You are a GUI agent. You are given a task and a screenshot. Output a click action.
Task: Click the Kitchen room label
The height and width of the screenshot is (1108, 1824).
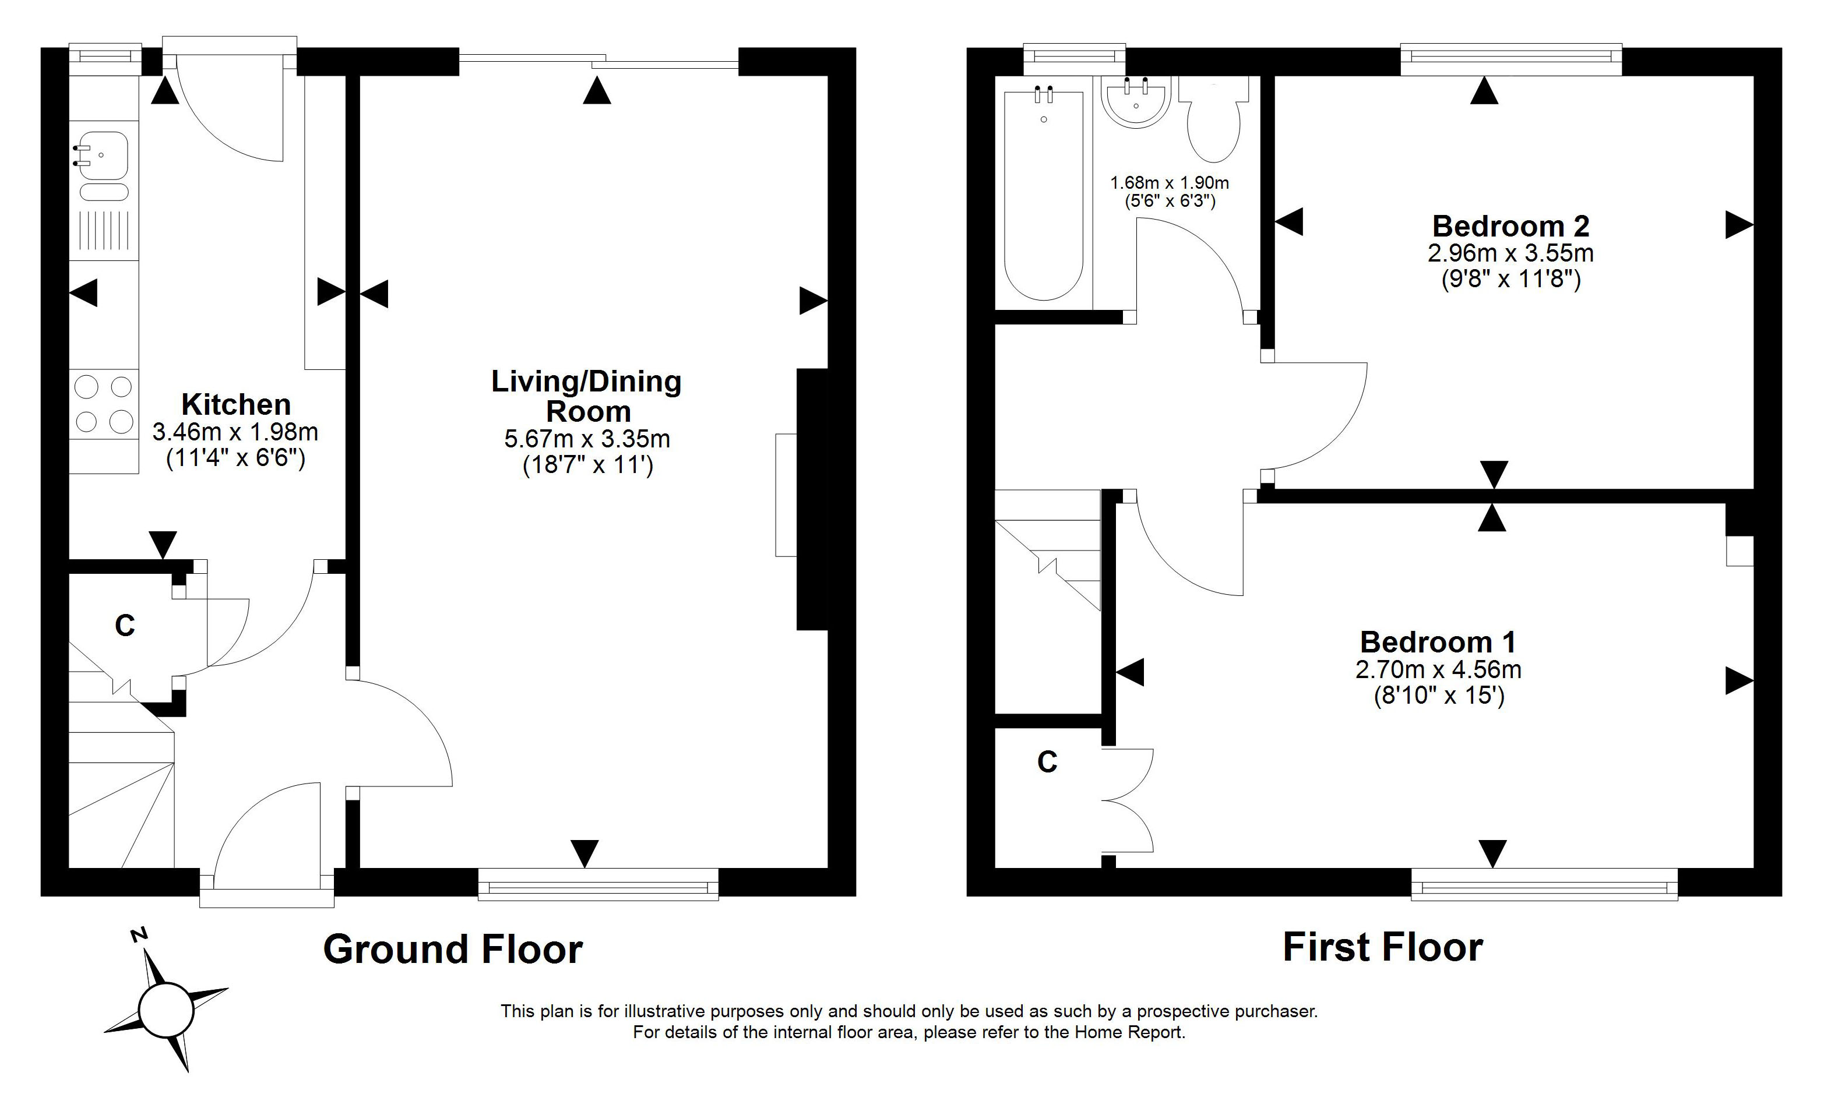coord(236,404)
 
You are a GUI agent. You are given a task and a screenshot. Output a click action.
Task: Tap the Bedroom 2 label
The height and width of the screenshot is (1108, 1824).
coord(1511,226)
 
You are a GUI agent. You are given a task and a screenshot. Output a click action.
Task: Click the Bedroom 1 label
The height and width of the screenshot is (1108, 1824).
coord(1438,642)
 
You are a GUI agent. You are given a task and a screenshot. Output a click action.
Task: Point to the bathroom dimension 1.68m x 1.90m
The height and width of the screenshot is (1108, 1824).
coord(1170,183)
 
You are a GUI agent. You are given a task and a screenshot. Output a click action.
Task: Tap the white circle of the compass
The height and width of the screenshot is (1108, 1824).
coord(167,1010)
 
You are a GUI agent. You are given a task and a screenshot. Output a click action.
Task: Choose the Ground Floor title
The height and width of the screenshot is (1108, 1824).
coord(453,950)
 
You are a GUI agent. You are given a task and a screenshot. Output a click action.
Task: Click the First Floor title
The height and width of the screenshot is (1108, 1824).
coord(1383,947)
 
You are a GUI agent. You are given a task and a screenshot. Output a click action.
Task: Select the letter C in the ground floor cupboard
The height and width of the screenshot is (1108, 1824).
coord(125,626)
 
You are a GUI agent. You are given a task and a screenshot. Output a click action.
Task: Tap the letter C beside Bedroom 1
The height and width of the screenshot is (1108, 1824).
coord(1047,761)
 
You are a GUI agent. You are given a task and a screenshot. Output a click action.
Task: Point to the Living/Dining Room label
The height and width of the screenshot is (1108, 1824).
coord(587,396)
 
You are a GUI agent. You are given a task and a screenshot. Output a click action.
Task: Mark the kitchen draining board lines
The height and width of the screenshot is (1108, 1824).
coord(104,230)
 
